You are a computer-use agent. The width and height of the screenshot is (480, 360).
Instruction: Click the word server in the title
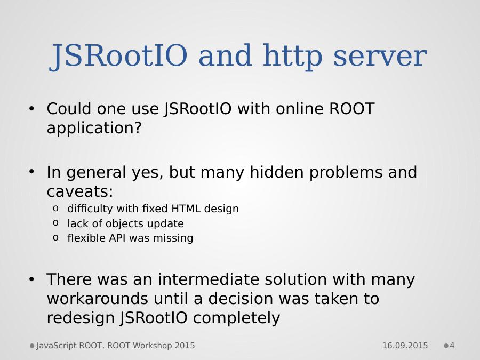coord(380,55)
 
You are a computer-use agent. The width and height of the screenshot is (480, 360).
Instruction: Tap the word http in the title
coord(293,57)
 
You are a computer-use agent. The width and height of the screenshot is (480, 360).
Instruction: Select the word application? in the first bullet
coord(94,128)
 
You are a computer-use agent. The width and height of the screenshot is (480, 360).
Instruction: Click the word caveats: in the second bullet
coord(80,191)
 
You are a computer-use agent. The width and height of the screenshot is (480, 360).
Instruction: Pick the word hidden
coord(276,172)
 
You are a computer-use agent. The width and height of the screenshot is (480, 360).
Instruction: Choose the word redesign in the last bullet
coord(81,318)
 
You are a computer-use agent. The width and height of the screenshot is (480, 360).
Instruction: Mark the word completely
coord(236,318)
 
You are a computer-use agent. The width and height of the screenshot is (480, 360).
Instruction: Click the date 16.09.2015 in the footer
coord(405,346)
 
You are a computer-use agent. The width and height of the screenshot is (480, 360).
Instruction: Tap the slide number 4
coord(452,346)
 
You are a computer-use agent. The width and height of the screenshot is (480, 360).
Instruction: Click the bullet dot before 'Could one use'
coord(31,109)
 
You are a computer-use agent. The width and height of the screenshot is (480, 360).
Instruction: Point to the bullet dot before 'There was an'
coord(31,279)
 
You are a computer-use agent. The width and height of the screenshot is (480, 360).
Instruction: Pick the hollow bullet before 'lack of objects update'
coord(55,223)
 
